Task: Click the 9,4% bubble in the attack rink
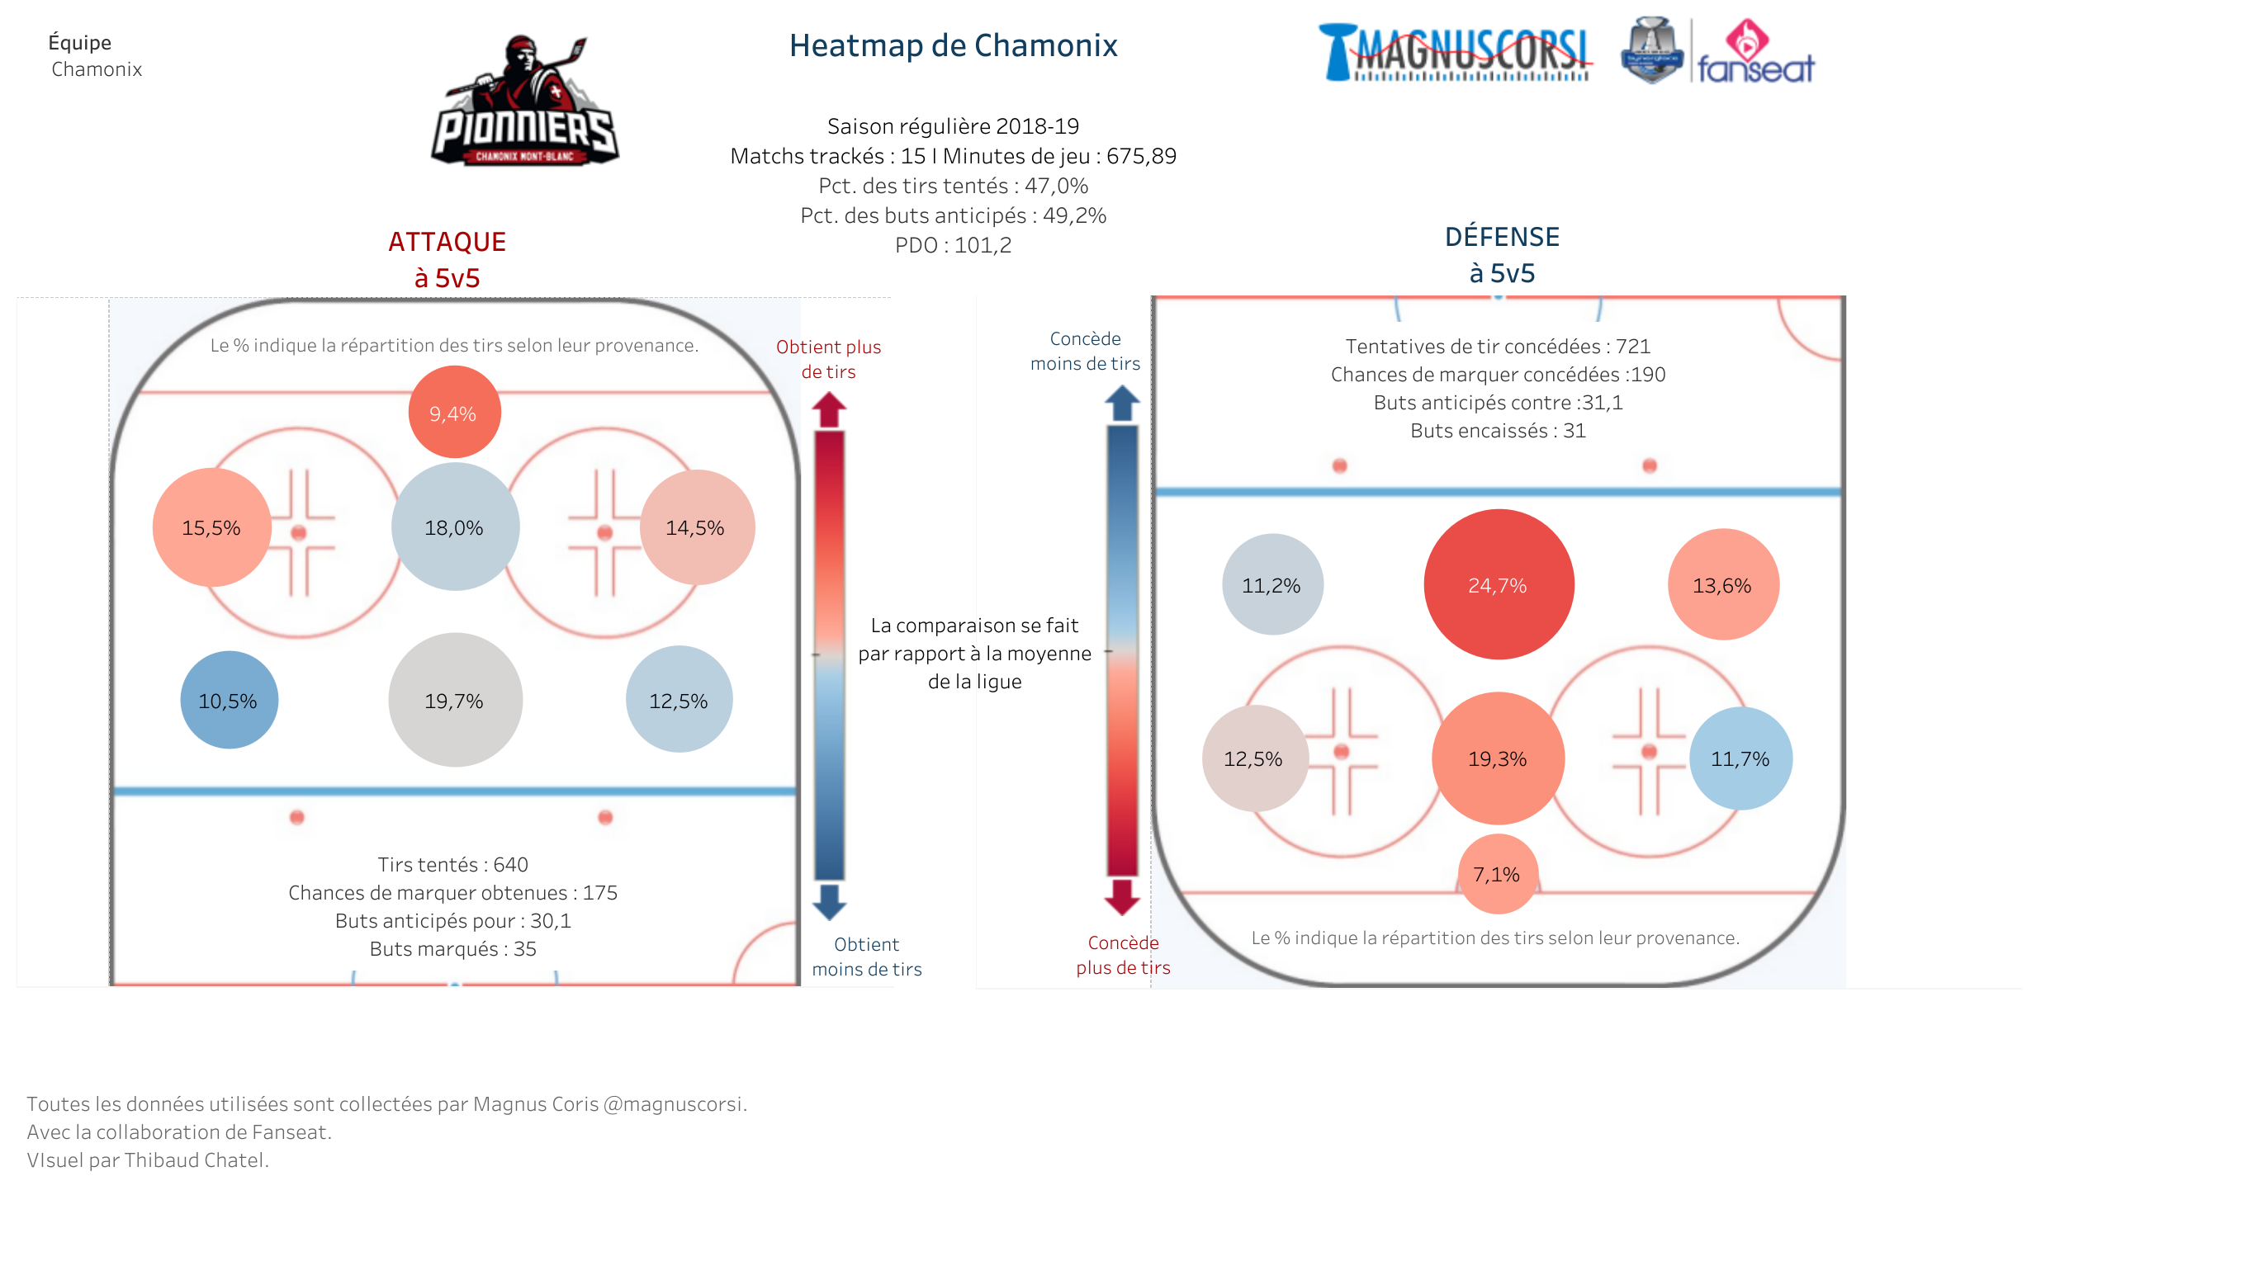coord(454,412)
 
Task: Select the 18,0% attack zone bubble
coord(455,527)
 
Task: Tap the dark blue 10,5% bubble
coord(230,700)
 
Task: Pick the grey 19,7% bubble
coord(455,700)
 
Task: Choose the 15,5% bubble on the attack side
coord(211,527)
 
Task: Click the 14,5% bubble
coord(698,527)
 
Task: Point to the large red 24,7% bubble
coord(1499,584)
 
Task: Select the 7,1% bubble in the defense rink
coord(1498,874)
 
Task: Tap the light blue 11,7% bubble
coord(1740,758)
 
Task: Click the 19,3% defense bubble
coord(1498,758)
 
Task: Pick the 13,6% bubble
coord(1723,584)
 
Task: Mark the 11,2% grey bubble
coord(1272,584)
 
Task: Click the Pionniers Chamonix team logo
coord(525,101)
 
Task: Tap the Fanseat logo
coord(1755,52)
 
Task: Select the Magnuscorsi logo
coord(1455,53)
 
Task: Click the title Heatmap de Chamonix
coord(953,45)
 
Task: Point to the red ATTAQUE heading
coord(447,242)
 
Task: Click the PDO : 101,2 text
coord(953,245)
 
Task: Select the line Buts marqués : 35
coord(453,949)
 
